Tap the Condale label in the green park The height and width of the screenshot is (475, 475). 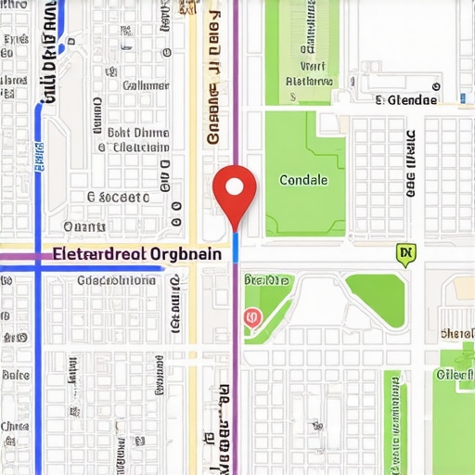[x=303, y=181]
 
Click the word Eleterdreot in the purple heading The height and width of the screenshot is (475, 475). [x=96, y=252]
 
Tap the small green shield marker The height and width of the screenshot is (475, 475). [x=404, y=252]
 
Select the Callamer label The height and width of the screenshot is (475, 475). [x=146, y=84]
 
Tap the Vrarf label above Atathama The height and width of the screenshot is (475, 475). [x=314, y=67]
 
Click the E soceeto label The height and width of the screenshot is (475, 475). [x=118, y=197]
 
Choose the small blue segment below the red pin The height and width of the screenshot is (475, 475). [x=236, y=246]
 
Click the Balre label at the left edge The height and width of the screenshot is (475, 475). [x=15, y=376]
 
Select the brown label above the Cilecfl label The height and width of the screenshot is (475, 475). [x=456, y=334]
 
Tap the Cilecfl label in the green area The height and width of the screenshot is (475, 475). [x=455, y=375]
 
